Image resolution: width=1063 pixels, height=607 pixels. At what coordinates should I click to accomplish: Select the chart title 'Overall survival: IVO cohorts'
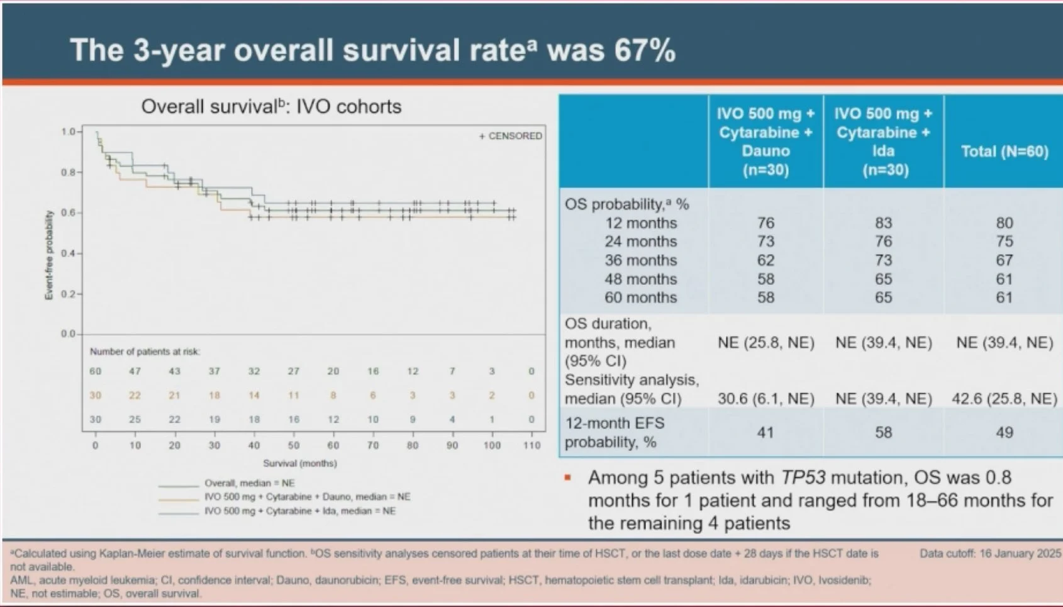tap(271, 106)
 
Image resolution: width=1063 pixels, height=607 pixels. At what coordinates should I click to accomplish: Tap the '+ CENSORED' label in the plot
tap(511, 136)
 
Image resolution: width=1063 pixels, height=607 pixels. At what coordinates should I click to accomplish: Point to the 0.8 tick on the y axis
tap(69, 172)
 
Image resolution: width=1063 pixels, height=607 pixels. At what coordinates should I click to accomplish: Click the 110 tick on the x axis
tap(531, 445)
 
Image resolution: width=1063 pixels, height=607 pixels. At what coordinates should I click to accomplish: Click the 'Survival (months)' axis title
tap(300, 464)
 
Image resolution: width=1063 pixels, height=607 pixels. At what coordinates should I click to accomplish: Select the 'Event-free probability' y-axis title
tap(49, 255)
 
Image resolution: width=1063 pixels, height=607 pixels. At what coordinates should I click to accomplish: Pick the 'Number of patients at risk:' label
tap(145, 352)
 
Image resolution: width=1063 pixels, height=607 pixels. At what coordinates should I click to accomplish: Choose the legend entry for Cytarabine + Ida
tap(299, 511)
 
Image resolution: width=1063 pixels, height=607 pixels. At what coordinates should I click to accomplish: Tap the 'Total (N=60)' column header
tap(1005, 152)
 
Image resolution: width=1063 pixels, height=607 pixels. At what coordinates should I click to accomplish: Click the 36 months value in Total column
tap(1005, 260)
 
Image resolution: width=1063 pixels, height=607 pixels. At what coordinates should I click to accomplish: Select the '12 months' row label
tap(641, 223)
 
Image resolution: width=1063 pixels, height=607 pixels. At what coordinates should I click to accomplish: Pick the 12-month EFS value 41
tap(765, 433)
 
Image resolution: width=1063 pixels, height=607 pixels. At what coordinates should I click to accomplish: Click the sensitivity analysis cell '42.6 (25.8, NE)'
tap(1004, 399)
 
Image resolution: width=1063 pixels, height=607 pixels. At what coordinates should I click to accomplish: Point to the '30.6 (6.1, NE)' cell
tap(765, 399)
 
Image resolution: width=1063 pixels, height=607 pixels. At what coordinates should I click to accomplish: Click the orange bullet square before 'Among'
tap(568, 478)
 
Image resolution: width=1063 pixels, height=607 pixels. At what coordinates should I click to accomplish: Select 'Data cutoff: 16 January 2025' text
tap(990, 554)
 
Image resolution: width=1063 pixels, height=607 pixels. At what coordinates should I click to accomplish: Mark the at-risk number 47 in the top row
tap(135, 372)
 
